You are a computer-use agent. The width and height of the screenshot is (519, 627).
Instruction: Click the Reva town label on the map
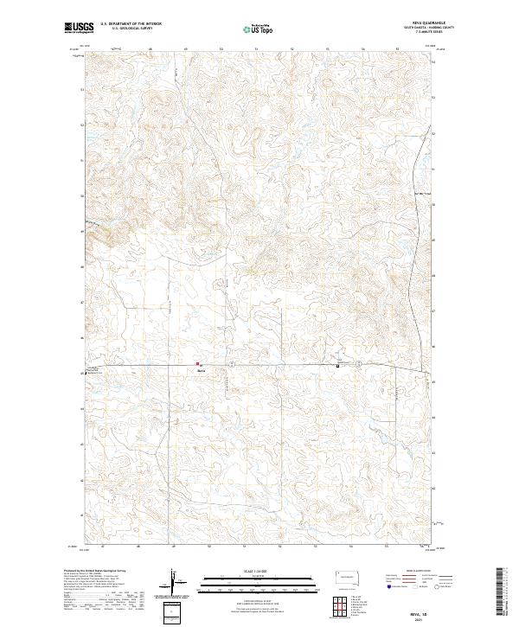pyautogui.click(x=200, y=368)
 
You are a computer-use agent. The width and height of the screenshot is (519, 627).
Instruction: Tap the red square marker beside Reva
pyautogui.click(x=197, y=363)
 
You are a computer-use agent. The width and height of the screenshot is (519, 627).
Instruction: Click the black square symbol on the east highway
pyautogui.click(x=336, y=365)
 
